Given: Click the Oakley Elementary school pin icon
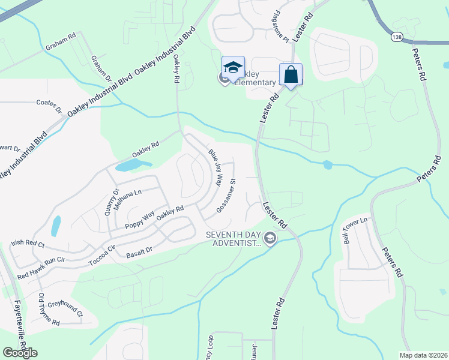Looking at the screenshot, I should (x=232, y=67).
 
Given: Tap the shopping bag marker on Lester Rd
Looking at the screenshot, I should (x=291, y=75).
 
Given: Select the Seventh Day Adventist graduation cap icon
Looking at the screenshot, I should (x=270, y=239).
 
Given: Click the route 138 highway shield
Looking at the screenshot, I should (x=396, y=37).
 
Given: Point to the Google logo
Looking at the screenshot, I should (x=20, y=353).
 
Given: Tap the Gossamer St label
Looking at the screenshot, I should (x=227, y=194).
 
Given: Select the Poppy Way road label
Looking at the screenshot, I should (x=140, y=220).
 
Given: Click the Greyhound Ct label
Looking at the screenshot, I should (x=65, y=308).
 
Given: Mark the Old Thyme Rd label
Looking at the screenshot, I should (x=49, y=310).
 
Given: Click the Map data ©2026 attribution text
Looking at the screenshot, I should (x=424, y=355).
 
